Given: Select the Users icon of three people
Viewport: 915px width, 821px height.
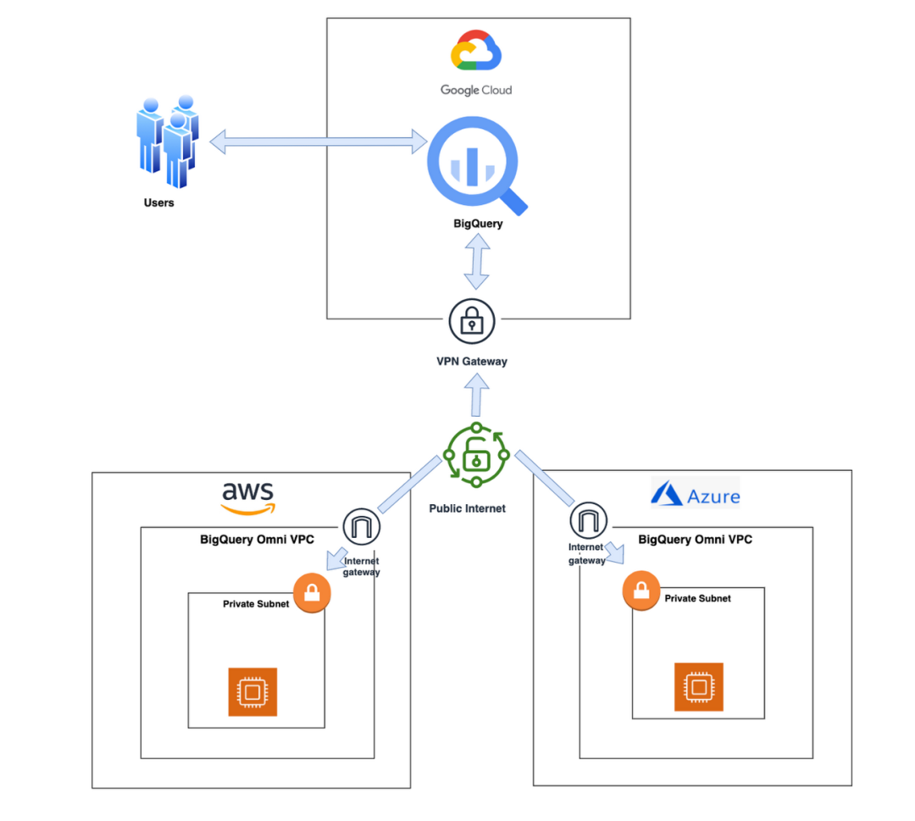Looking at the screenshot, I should (x=168, y=141).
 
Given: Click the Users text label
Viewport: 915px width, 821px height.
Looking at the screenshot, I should (x=158, y=202).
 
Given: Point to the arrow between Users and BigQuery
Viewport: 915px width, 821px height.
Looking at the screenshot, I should (x=319, y=141).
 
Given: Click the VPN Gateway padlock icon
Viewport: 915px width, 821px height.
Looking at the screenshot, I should (x=471, y=321).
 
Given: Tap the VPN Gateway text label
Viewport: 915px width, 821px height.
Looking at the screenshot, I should (x=472, y=361).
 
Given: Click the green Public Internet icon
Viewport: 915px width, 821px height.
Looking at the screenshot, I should (x=476, y=456).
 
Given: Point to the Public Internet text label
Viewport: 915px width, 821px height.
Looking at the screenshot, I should (x=468, y=508).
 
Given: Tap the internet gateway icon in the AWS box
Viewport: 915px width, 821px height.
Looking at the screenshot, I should (x=362, y=528).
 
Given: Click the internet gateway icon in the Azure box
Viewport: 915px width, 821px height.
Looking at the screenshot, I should (x=587, y=519).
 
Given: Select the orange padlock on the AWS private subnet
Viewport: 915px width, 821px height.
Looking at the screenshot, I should (x=312, y=592).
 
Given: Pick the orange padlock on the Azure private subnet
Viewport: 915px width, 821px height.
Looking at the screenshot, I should (x=640, y=591).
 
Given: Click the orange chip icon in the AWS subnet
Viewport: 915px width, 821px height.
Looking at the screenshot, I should (x=252, y=692).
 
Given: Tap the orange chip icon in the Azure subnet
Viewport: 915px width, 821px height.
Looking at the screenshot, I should (x=698, y=687).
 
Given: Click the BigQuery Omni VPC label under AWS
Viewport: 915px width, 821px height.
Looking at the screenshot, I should (x=256, y=538).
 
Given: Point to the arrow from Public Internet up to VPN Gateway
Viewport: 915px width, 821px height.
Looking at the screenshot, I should (x=477, y=394).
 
